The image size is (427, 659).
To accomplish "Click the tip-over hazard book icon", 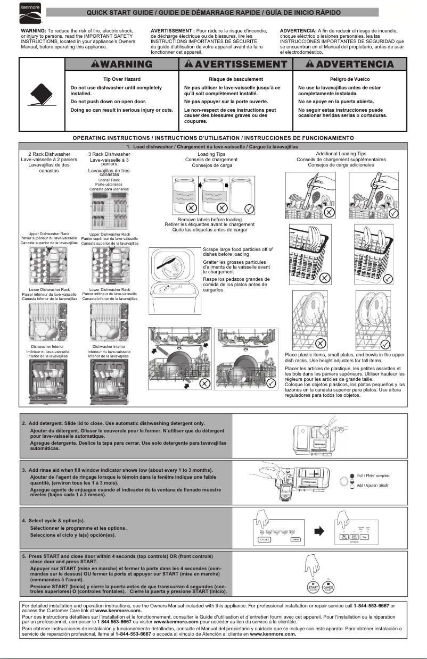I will tap(42, 96).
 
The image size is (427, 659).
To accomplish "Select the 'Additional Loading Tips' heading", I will tap(341, 154).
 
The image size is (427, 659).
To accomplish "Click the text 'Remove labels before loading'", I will tap(202, 219).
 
